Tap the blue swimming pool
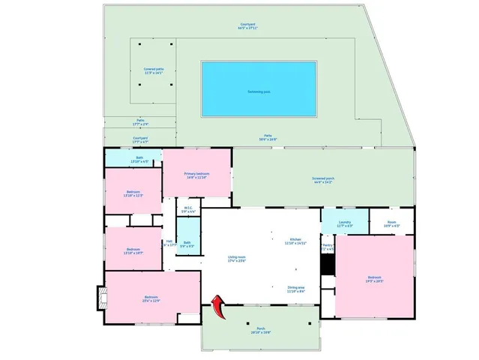pos(259,89)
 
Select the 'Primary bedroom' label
pos(197,174)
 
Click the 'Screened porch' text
pos(324,178)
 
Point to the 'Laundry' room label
pos(345,222)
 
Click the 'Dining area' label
pos(296,287)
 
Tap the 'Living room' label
pos(238,258)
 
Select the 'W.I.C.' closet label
pos(189,209)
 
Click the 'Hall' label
pos(169,241)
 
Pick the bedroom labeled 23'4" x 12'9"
pos(151,298)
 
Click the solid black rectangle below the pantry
pos(327,265)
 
